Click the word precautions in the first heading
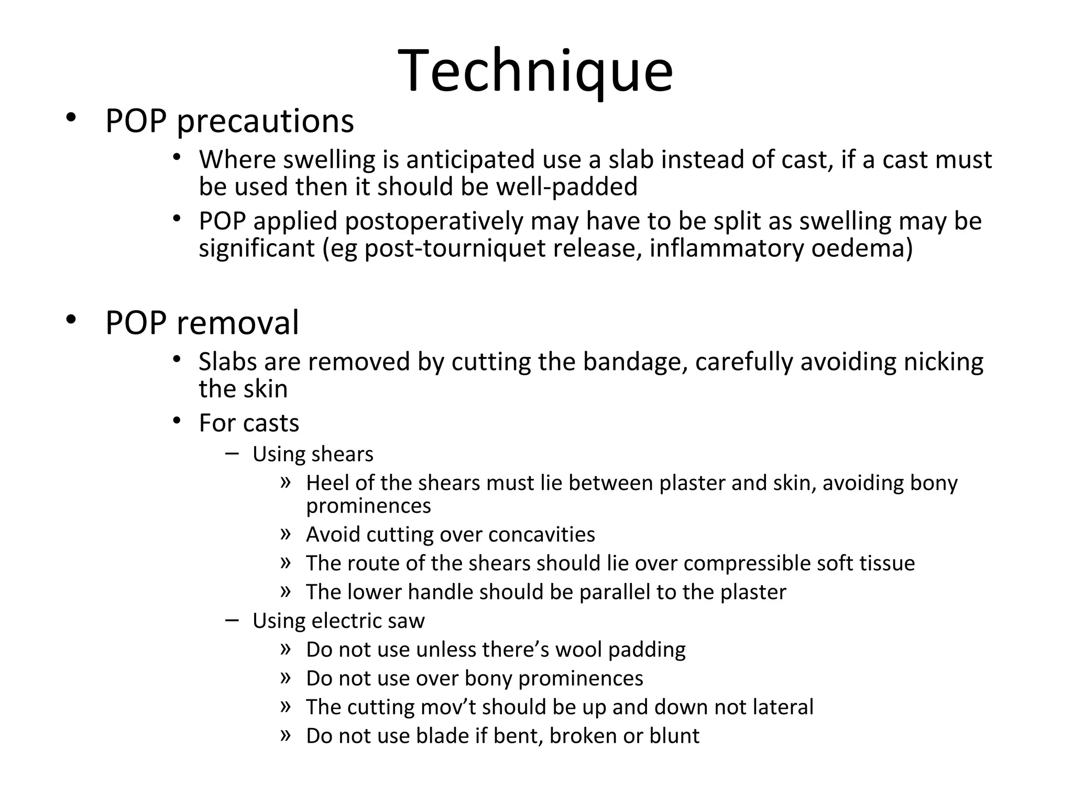[265, 121]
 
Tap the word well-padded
[567, 187]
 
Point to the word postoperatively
[434, 221]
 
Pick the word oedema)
[862, 248]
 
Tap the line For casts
[249, 423]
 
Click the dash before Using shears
[232, 453]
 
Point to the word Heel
[325, 483]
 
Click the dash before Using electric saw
[232, 620]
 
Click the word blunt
[674, 736]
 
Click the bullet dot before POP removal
[71, 319]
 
